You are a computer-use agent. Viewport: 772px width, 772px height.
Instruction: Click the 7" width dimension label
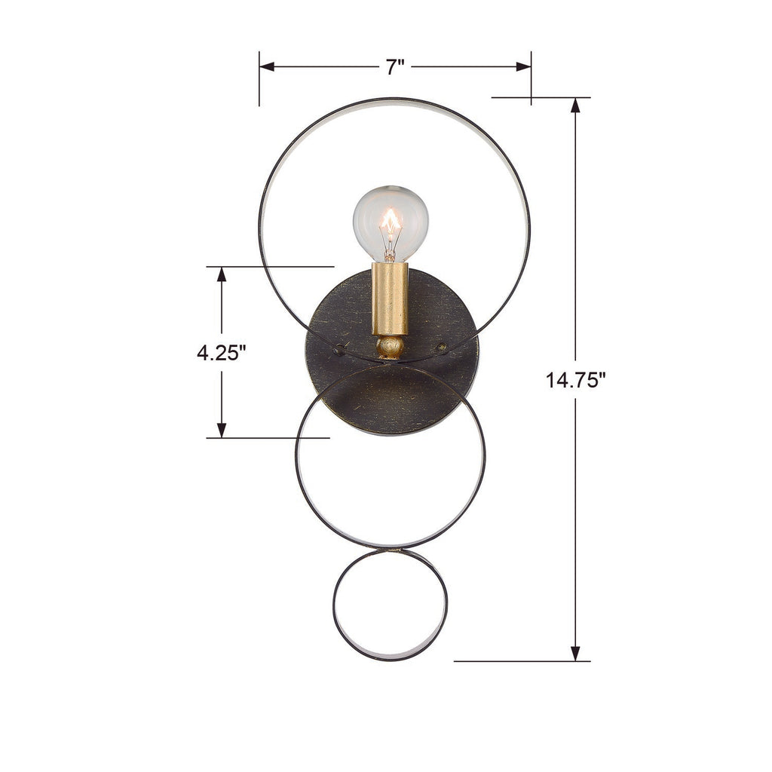[x=396, y=67]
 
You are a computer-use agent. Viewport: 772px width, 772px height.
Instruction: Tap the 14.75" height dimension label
[x=576, y=380]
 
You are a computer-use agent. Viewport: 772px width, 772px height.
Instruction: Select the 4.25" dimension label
[x=222, y=353]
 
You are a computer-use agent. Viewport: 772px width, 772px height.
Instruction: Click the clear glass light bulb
[x=391, y=222]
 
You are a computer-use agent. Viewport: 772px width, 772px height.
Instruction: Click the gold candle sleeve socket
[x=390, y=299]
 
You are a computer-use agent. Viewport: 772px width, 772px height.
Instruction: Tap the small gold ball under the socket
[x=390, y=347]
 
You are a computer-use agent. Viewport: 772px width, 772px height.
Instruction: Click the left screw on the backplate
[x=339, y=349]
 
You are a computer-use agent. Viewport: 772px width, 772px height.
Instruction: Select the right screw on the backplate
[x=443, y=348]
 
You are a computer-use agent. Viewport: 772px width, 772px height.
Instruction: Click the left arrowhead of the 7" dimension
[x=266, y=67]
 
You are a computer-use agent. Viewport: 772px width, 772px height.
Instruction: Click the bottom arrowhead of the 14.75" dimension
[x=576, y=654]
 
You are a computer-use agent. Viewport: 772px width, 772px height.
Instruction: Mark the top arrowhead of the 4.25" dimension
[x=222, y=274]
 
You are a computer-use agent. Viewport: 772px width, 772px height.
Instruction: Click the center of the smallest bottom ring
[x=391, y=605]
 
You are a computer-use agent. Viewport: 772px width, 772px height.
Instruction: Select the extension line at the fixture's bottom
[x=520, y=662]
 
